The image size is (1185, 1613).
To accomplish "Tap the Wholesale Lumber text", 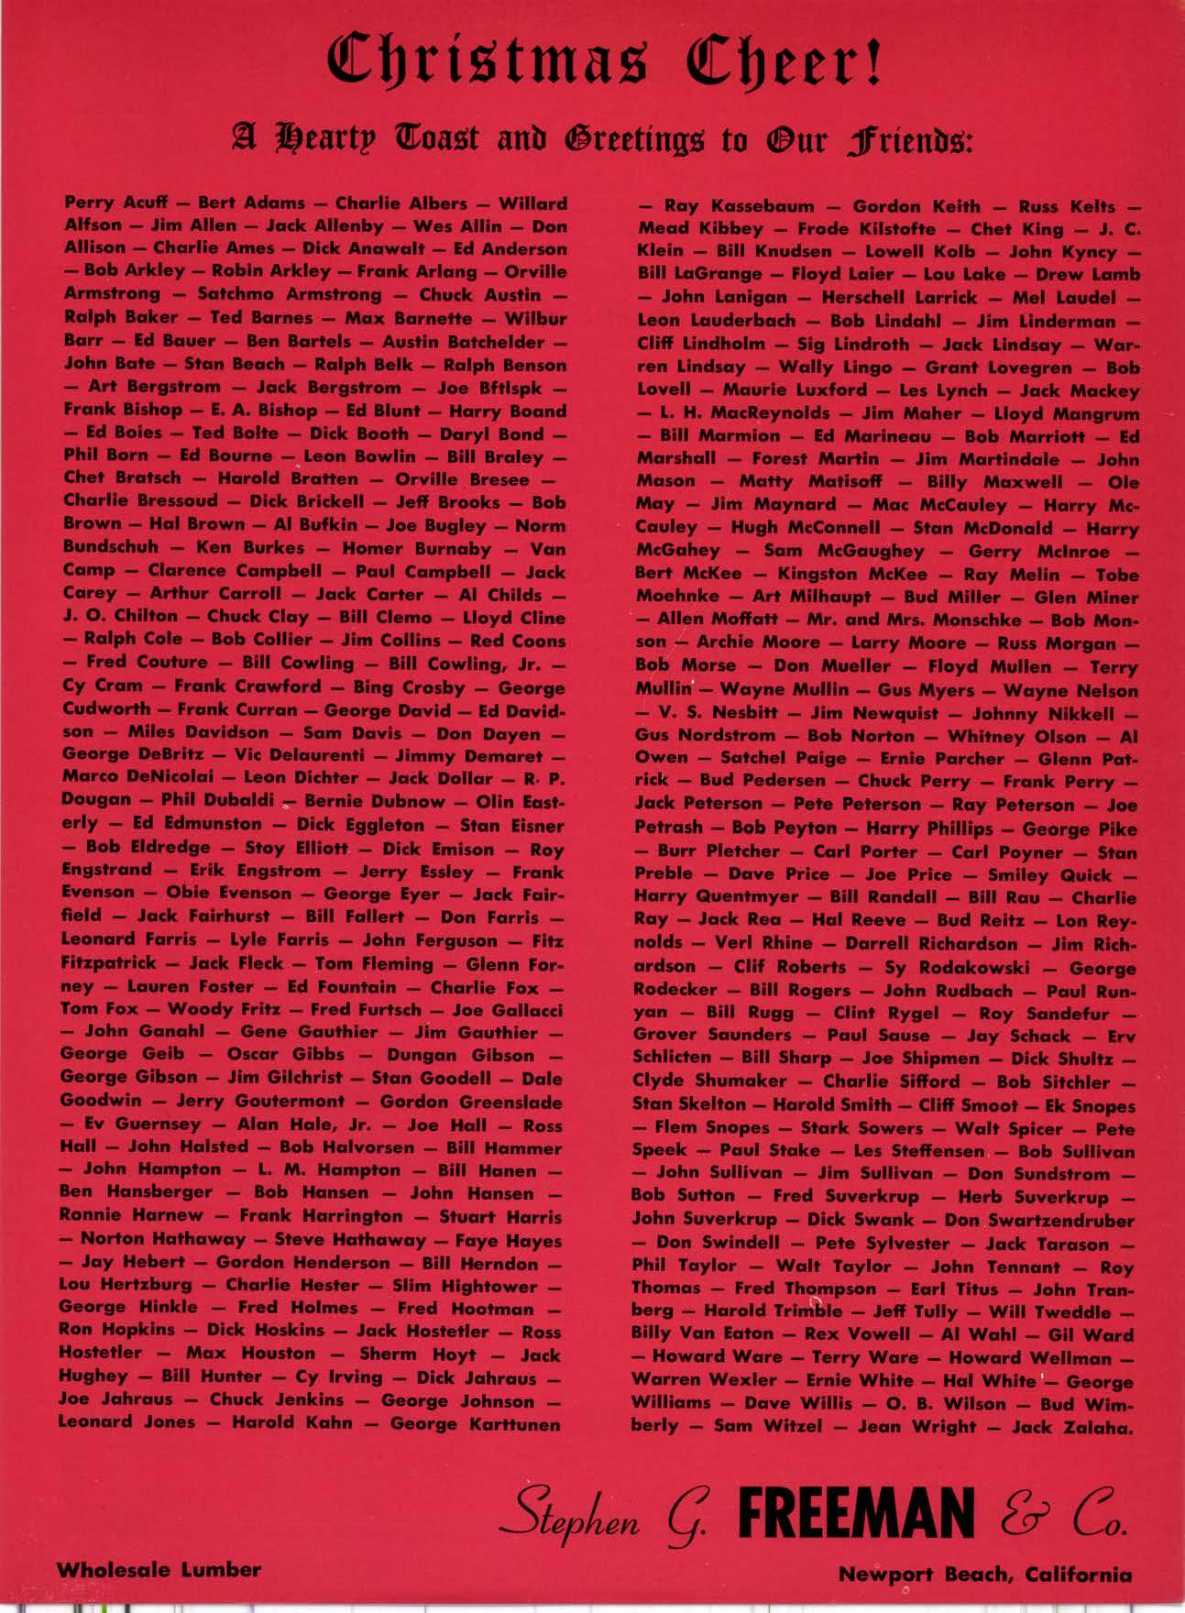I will tap(159, 1570).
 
